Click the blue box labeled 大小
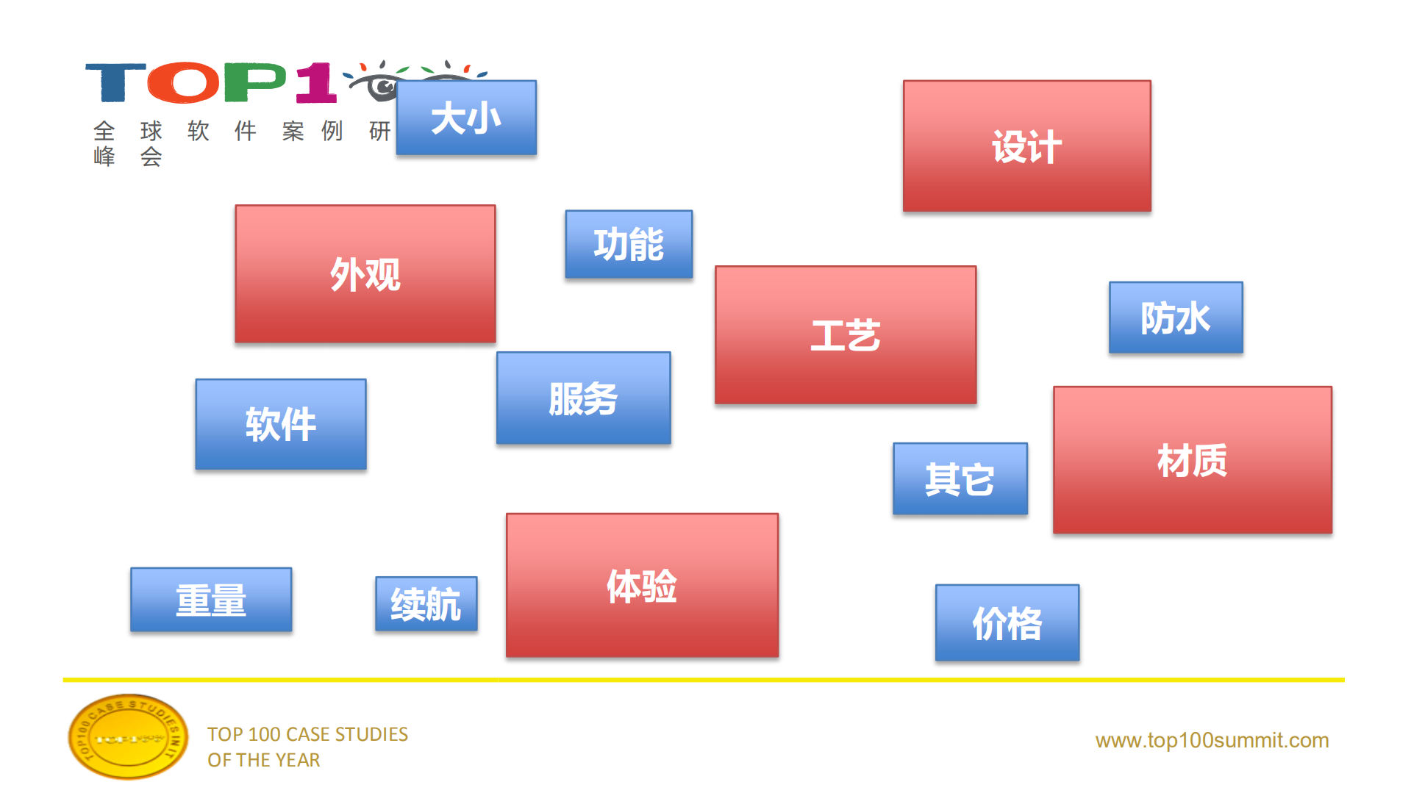click(x=466, y=118)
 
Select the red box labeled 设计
click(x=1026, y=146)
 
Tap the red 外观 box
click(x=365, y=274)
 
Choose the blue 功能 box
click(x=629, y=244)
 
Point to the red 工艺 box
click(x=846, y=335)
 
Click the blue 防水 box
click(x=1176, y=317)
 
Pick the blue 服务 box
click(x=583, y=398)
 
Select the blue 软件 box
click(x=280, y=424)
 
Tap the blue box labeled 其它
click(x=960, y=478)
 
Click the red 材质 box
click(x=1192, y=460)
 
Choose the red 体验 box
click(x=642, y=585)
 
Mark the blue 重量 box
click(x=211, y=600)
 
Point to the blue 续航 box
click(x=426, y=604)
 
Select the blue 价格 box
click(x=1007, y=623)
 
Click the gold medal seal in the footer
click(x=128, y=736)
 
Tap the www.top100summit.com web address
click(x=1212, y=740)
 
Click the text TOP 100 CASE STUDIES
click(x=307, y=734)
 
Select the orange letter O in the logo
click(x=184, y=82)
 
